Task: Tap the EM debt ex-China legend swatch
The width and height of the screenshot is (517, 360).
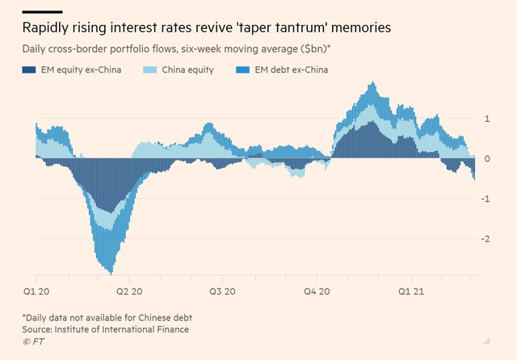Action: [x=247, y=70]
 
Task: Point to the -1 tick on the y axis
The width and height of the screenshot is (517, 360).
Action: [x=483, y=199]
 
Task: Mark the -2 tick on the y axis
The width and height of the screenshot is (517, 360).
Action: [x=483, y=238]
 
